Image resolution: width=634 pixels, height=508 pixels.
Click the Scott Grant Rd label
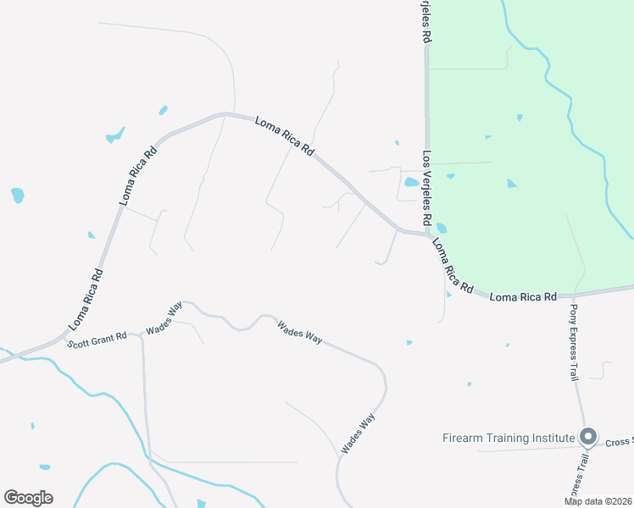97,340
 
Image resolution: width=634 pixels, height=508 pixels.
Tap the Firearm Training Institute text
509,438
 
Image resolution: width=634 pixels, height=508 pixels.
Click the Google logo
28,497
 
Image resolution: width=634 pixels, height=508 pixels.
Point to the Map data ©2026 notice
598,501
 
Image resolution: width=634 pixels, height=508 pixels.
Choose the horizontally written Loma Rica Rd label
523,297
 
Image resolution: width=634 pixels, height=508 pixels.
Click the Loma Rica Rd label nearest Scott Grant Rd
86,299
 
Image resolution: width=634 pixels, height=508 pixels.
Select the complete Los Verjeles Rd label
428,192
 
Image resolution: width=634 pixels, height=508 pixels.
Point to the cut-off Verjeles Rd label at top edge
426,22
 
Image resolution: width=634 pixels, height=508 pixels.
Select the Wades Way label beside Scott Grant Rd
164,319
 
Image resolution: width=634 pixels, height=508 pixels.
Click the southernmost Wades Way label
358,432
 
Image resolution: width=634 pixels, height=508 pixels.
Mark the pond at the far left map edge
17,195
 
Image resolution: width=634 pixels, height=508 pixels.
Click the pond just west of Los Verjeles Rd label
411,181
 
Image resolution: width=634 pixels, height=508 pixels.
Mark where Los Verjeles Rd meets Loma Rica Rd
426,235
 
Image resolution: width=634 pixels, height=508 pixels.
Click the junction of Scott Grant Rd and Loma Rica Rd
64,336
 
